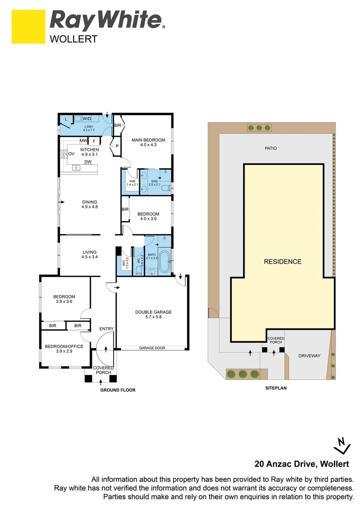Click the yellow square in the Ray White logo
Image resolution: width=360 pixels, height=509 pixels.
(29, 26)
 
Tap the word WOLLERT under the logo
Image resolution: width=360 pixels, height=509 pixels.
(74, 39)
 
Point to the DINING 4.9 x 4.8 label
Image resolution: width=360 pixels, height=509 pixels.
(89, 205)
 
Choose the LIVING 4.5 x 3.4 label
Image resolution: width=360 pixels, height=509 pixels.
(89, 255)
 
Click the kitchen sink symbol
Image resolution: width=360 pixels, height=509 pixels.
(75, 168)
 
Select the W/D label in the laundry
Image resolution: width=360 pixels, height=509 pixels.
(87, 119)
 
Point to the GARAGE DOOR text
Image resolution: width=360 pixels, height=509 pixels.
(152, 349)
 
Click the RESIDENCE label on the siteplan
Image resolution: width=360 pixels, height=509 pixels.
(282, 262)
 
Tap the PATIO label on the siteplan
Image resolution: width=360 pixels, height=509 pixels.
(270, 148)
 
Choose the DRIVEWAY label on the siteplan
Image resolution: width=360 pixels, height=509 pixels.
(309, 356)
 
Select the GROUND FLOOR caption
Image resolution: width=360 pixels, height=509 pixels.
(118, 390)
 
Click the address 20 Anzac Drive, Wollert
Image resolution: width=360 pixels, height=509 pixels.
(302, 464)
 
